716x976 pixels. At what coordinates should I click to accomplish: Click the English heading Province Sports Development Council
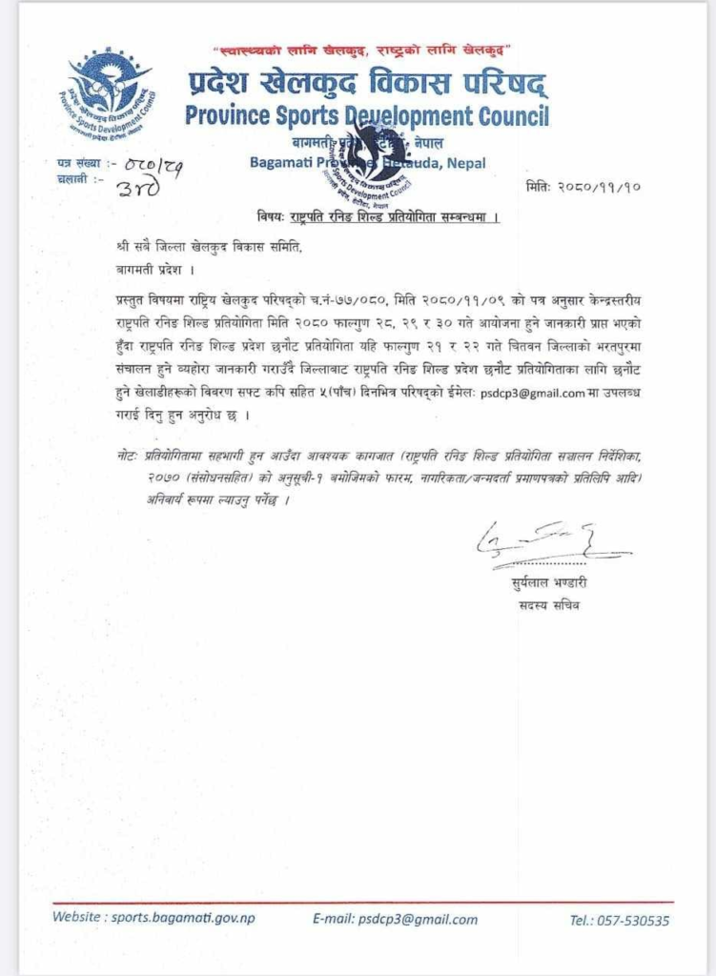coord(367,116)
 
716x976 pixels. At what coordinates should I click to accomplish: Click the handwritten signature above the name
coord(538,546)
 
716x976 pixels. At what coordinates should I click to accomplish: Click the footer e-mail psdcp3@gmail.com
coord(395,920)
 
